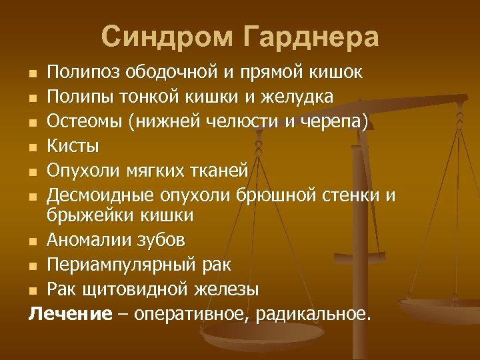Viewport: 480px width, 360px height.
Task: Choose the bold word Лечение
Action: point(70,314)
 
